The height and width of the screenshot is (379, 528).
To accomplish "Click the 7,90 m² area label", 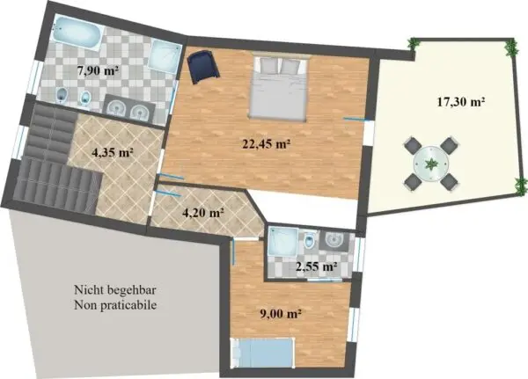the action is tap(98, 72).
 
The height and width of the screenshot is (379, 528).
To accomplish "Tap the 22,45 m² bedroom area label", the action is tap(267, 144).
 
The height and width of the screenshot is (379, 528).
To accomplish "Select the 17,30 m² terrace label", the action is tap(461, 102).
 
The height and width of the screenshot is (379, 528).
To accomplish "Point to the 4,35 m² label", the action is tap(113, 152).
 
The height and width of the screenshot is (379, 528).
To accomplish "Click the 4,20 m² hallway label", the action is tap(203, 213).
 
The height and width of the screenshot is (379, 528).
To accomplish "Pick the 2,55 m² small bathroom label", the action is tap(317, 266).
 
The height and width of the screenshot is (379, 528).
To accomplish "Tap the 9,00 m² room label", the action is tap(281, 314).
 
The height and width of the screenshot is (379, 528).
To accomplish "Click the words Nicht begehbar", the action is tap(115, 290).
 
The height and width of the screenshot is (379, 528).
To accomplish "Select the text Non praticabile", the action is tap(115, 305).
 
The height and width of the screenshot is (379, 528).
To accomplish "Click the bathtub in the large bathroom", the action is tap(77, 33).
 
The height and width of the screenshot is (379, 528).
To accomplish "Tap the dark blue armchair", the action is tap(203, 66).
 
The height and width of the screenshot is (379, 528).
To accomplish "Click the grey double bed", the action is tap(278, 87).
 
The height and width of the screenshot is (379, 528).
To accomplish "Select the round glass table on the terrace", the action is tap(431, 164).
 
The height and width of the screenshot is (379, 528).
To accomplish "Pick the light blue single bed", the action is tap(261, 353).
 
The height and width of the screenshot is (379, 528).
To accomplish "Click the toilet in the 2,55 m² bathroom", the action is tap(309, 241).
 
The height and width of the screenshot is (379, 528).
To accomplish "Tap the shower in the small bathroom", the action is tap(282, 242).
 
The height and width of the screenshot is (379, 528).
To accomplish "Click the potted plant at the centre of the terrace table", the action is tap(430, 164).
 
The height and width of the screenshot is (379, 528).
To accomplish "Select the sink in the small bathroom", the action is tap(334, 240).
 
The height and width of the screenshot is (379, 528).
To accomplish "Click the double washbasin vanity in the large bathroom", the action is tap(129, 108).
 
